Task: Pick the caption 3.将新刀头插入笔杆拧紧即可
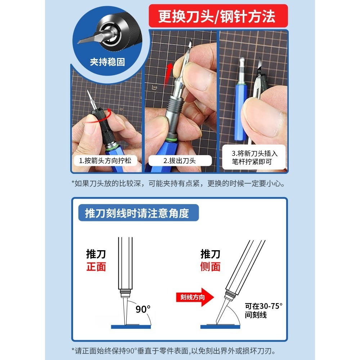tap(255, 157)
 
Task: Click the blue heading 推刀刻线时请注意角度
tap(137, 213)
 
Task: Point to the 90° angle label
tap(143, 309)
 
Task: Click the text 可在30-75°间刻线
tap(264, 310)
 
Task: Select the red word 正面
tap(96, 267)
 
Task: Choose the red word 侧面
tap(210, 267)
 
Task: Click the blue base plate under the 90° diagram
tap(131, 327)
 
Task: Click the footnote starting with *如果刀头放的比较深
tap(178, 184)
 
